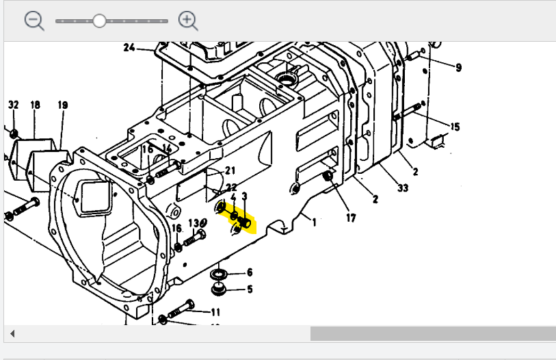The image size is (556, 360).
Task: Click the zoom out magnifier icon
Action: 34,21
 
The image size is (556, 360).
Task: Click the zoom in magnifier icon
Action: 187,21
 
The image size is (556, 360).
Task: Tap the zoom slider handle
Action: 99,21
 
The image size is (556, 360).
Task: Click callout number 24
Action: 129,48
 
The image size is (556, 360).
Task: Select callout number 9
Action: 458,67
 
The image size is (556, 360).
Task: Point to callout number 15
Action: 455,127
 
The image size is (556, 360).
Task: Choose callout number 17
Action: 350,218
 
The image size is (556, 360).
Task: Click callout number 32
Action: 14,105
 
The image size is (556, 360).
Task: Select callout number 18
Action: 36,105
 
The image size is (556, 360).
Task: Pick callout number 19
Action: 63,105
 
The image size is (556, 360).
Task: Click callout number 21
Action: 230,170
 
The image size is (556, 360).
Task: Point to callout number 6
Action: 250,272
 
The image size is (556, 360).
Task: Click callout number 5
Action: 250,290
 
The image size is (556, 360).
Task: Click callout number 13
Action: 194,223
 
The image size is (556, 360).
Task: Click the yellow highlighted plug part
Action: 244,221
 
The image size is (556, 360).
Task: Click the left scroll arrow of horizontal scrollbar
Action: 12,334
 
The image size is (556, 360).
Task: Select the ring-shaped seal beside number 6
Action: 220,274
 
